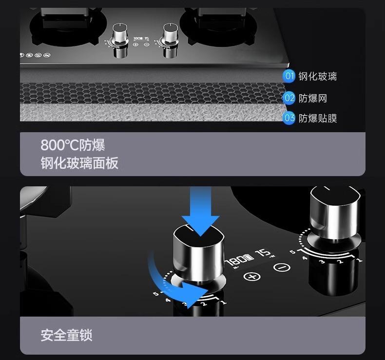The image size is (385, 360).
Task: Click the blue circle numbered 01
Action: pyautogui.click(x=289, y=76)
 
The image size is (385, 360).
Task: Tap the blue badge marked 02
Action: pyautogui.click(x=289, y=98)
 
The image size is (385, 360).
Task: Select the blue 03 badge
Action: pyautogui.click(x=289, y=118)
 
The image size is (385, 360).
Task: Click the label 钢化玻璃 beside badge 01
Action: pyautogui.click(x=317, y=76)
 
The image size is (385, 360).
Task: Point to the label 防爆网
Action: pyautogui.click(x=312, y=98)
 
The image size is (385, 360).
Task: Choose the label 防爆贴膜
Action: pyautogui.click(x=317, y=118)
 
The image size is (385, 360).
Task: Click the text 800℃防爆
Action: pyautogui.click(x=73, y=145)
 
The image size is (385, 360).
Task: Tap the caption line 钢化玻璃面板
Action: pyautogui.click(x=79, y=162)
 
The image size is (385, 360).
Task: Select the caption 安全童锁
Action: pyautogui.click(x=66, y=335)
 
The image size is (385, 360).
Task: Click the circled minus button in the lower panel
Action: pyautogui.click(x=281, y=267)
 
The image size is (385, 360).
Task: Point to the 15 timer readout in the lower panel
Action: pyautogui.click(x=264, y=253)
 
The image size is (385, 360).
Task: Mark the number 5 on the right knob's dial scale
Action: pyautogui.click(x=292, y=252)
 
